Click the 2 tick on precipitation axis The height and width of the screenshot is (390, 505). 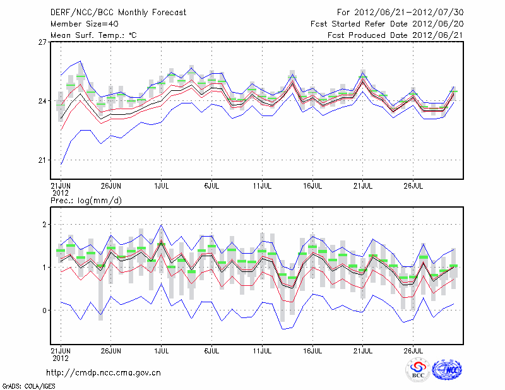[45, 224]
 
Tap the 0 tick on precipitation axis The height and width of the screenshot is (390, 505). [45, 310]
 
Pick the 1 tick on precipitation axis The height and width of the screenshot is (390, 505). [45, 268]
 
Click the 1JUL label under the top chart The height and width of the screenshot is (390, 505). [161, 186]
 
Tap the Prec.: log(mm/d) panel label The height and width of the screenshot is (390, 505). [86, 201]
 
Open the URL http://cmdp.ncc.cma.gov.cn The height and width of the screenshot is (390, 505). [104, 373]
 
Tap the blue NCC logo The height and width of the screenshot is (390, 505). [447, 370]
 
